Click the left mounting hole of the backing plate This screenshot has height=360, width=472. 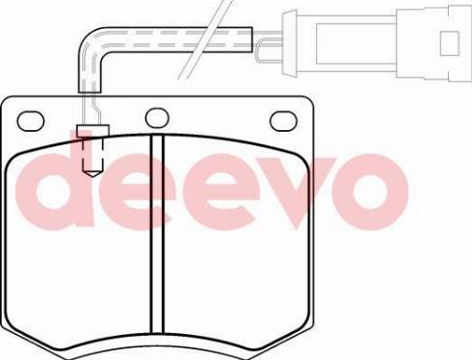[x=31, y=121]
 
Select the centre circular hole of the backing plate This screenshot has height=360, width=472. [x=157, y=117]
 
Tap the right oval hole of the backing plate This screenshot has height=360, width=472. [x=283, y=120]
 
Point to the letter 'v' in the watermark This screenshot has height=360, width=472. [x=296, y=192]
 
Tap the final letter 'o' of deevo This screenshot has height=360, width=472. [x=370, y=192]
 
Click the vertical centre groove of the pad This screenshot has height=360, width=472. [x=157, y=234]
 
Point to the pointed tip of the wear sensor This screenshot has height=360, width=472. [x=92, y=176]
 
